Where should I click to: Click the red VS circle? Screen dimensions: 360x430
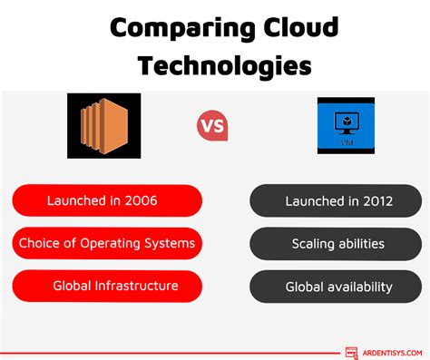212,125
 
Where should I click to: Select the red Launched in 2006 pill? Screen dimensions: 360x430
106,200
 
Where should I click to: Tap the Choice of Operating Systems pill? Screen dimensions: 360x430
106,243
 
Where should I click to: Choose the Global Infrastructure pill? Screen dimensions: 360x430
106,286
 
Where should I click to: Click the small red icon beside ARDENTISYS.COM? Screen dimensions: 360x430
351,352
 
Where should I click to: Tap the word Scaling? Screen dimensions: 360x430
313,243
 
